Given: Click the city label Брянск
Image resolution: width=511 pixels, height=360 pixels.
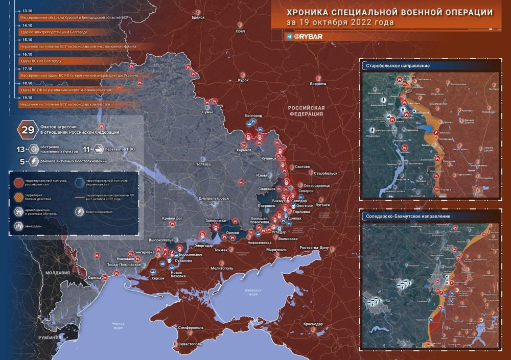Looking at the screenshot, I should (198, 17).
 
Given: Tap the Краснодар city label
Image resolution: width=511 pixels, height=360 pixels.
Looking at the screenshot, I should (312, 324).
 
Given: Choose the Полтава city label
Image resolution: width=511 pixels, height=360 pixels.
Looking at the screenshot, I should (203, 164).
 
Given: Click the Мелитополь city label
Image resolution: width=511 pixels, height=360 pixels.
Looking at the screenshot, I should (222, 268).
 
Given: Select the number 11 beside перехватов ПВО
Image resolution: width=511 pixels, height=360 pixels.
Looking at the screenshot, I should (86, 150).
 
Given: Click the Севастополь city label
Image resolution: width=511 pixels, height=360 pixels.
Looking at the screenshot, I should (191, 344).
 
